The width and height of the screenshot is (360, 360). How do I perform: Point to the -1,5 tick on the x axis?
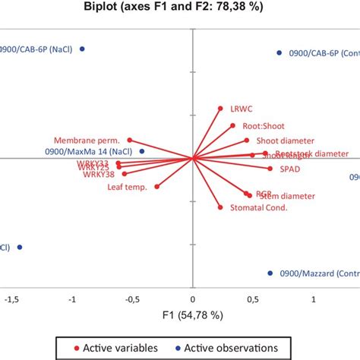pos(11,300)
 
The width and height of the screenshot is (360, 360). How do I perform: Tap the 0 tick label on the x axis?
pos(193,300)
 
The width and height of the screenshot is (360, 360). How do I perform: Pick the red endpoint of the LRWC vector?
pos(220,109)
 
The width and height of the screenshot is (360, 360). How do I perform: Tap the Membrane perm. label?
pos(89,140)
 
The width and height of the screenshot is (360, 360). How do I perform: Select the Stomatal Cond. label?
pos(252,207)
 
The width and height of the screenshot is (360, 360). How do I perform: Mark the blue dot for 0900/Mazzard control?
pos(270,273)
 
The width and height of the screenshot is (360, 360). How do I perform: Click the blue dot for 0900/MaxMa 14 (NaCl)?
pos(142,151)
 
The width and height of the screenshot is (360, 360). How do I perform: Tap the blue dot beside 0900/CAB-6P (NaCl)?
pos(83,49)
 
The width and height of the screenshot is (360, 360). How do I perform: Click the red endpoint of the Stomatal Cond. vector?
pos(220,207)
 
